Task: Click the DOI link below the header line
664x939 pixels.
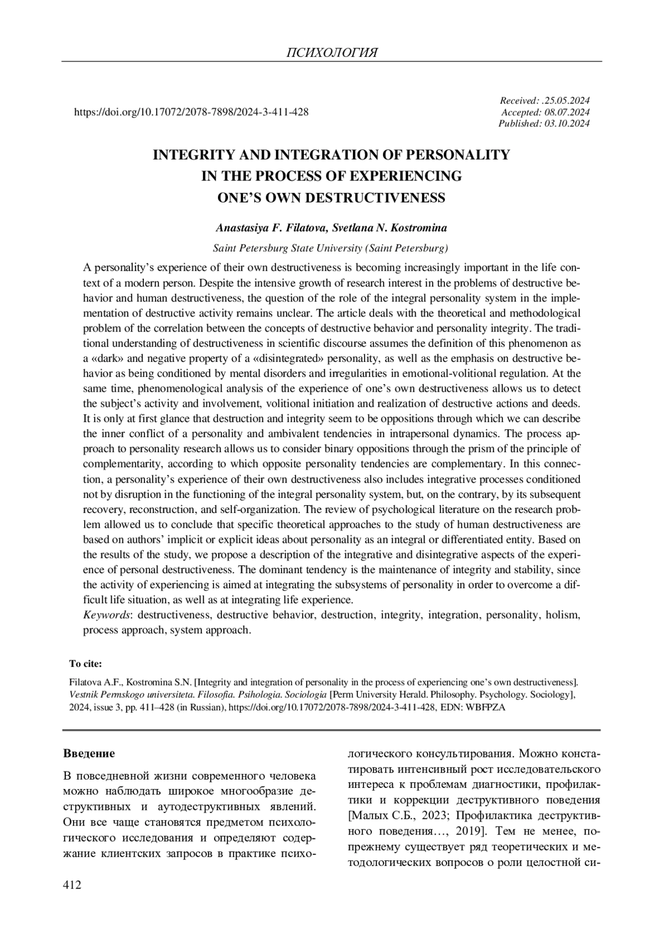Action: pyautogui.click(x=191, y=112)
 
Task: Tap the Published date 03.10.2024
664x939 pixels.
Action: pyautogui.click(x=567, y=123)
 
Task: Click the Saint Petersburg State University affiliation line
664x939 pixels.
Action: pyautogui.click(x=331, y=247)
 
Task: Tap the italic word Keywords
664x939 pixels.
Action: pyautogui.click(x=107, y=615)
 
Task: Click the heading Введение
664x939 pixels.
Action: pyautogui.click(x=89, y=754)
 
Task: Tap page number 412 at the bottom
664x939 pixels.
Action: pyautogui.click(x=72, y=886)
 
